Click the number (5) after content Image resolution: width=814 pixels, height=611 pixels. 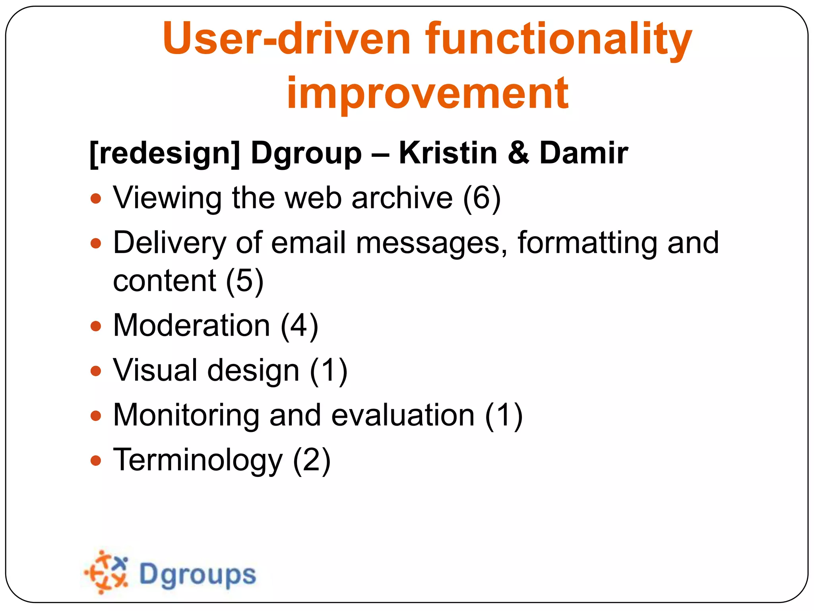click(x=244, y=281)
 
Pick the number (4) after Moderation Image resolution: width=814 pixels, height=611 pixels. click(x=299, y=326)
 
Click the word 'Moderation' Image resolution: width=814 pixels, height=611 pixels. click(x=192, y=326)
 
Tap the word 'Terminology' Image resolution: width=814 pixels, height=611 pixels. click(x=198, y=460)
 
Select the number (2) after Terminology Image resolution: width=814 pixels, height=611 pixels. click(x=312, y=460)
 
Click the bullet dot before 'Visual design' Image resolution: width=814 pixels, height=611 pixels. click(x=96, y=371)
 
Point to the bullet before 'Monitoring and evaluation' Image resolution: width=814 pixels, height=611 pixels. click(x=96, y=416)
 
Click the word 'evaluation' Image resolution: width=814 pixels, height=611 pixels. click(x=403, y=415)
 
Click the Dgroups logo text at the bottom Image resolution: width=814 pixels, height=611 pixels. click(x=198, y=575)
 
